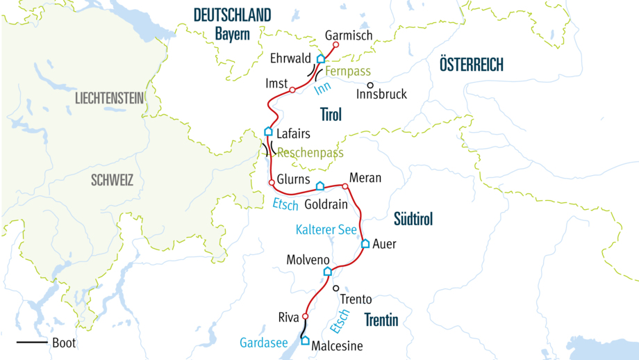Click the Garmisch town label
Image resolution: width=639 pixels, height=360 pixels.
tap(349, 35)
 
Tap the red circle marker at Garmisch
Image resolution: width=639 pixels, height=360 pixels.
tap(335, 45)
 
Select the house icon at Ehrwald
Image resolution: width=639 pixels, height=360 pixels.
tap(321, 59)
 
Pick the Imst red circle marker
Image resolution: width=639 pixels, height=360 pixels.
tap(292, 90)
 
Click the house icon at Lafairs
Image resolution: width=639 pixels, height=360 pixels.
tap(269, 131)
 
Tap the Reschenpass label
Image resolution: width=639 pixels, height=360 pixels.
tap(310, 153)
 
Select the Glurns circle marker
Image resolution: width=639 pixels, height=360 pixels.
tap(272, 182)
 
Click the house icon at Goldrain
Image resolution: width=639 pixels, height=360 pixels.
tap(319, 186)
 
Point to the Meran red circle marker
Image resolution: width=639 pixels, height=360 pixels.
tap(345, 186)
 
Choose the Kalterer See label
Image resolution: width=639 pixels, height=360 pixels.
tap(326, 229)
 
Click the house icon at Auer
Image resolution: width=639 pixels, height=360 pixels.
tap(365, 244)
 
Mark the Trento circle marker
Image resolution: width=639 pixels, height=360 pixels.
tap(336, 288)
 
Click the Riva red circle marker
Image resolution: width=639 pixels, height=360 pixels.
tap(305, 316)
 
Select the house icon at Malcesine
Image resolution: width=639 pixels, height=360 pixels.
tap(304, 340)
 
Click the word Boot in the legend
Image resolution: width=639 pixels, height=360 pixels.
tap(64, 343)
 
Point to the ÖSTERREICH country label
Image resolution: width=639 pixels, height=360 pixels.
tap(471, 65)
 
